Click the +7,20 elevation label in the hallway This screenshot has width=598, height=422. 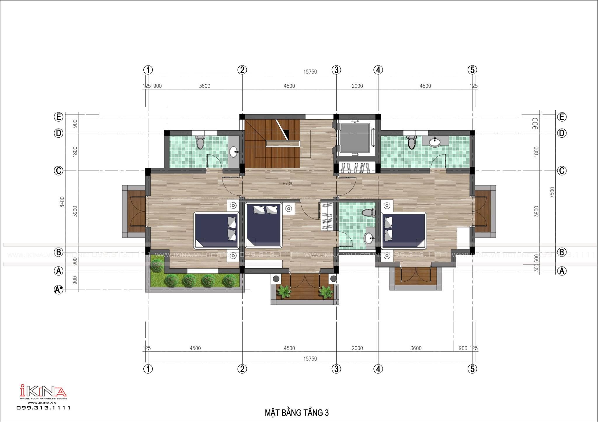tap(288, 183)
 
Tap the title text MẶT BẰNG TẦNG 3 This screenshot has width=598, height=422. tap(297, 413)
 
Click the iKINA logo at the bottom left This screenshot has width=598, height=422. tap(43, 391)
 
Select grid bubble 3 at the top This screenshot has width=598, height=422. tap(336, 70)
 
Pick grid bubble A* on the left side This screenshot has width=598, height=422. tap(59, 290)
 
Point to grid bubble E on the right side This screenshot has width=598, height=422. tap(562, 117)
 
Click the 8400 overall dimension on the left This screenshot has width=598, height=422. tap(62, 202)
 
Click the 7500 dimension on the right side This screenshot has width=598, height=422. tap(552, 192)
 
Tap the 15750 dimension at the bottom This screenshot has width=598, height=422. tap(310, 359)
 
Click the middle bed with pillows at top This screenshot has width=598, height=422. tap(264, 225)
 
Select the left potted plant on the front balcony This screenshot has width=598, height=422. tap(284, 292)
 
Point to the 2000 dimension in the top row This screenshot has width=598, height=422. tap(357, 86)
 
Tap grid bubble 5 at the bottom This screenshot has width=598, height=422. tap(472, 369)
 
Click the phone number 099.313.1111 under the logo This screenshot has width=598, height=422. tap(43, 408)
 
